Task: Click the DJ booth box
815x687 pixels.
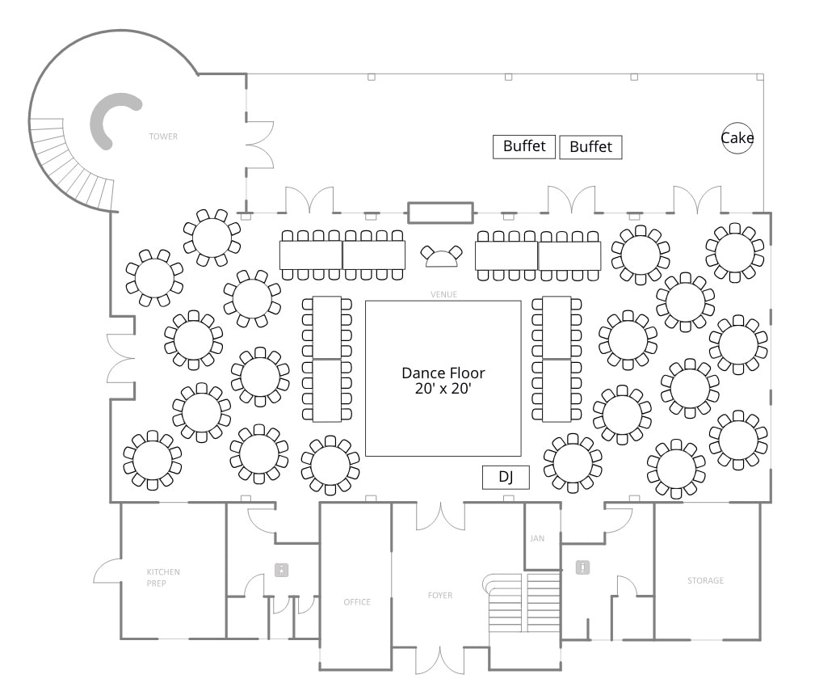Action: pyautogui.click(x=506, y=477)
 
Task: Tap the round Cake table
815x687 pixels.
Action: pyautogui.click(x=737, y=138)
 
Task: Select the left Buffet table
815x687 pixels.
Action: pyautogui.click(x=524, y=146)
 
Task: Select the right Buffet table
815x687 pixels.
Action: pyautogui.click(x=590, y=147)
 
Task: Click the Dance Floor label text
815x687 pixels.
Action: pyautogui.click(x=443, y=380)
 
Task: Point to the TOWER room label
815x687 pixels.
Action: pyautogui.click(x=163, y=137)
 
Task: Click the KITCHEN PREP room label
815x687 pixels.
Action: pyautogui.click(x=163, y=577)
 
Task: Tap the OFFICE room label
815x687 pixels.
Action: pyautogui.click(x=357, y=601)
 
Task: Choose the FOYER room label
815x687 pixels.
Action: pyautogui.click(x=439, y=595)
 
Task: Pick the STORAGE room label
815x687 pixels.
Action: pyautogui.click(x=705, y=580)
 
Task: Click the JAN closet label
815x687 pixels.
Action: pyautogui.click(x=537, y=538)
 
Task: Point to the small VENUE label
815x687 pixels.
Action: pyautogui.click(x=443, y=294)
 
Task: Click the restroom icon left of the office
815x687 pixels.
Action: pyautogui.click(x=281, y=570)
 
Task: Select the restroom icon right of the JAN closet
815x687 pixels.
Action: pyautogui.click(x=582, y=567)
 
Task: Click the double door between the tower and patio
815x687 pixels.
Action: pyautogui.click(x=259, y=145)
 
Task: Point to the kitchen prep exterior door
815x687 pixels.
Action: pyautogui.click(x=107, y=571)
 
